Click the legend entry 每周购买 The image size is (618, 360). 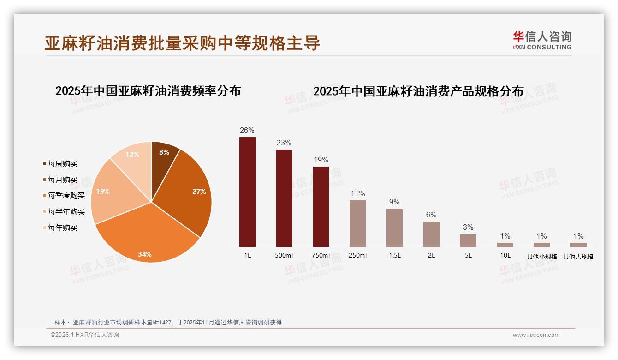(62, 164)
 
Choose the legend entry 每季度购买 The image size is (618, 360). (66, 196)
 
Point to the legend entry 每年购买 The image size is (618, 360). (62, 228)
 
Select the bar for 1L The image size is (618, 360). (247, 192)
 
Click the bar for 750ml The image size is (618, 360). (321, 207)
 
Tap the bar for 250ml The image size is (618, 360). (357, 223)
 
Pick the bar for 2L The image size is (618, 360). (431, 234)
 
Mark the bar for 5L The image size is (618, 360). (468, 240)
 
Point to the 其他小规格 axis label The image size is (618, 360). (542, 257)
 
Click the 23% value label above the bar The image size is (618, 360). (284, 143)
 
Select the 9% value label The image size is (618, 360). (394, 202)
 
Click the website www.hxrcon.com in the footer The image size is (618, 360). (536, 335)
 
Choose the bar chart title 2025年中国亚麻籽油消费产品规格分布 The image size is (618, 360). (418, 91)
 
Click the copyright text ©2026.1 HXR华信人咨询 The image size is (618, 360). (85, 335)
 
